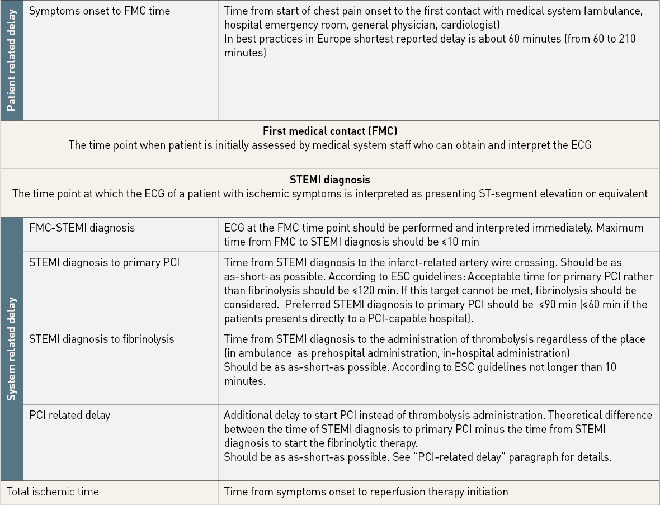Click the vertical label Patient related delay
(11, 60)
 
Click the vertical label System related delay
(11, 349)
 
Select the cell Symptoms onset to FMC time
(100, 11)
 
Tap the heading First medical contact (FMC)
(330, 131)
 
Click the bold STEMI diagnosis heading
(330, 180)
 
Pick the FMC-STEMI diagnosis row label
(82, 228)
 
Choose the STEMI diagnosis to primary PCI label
(104, 262)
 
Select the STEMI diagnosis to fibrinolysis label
(102, 339)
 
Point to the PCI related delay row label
(69, 415)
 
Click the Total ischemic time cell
(53, 492)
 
